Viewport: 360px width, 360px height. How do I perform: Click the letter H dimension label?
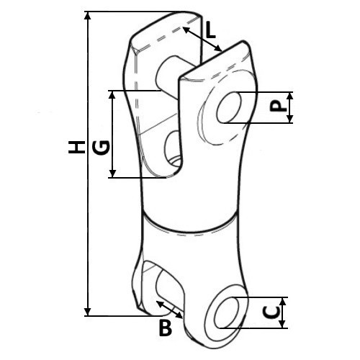pos(76,147)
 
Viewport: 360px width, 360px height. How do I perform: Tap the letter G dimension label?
pos(102,148)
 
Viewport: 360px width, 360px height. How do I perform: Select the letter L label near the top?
pos(210,31)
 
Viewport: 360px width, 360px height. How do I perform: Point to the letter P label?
pos(278,107)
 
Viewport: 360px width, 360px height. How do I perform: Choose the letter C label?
pos(271,312)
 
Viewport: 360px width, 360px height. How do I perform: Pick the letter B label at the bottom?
pos(166,328)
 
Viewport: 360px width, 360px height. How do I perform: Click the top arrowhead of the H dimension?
pos(88,16)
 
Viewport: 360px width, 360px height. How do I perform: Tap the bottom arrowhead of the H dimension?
pos(88,312)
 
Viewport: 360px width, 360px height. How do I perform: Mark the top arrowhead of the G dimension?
pos(112,95)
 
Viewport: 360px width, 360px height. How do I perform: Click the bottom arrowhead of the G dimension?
pos(112,174)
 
